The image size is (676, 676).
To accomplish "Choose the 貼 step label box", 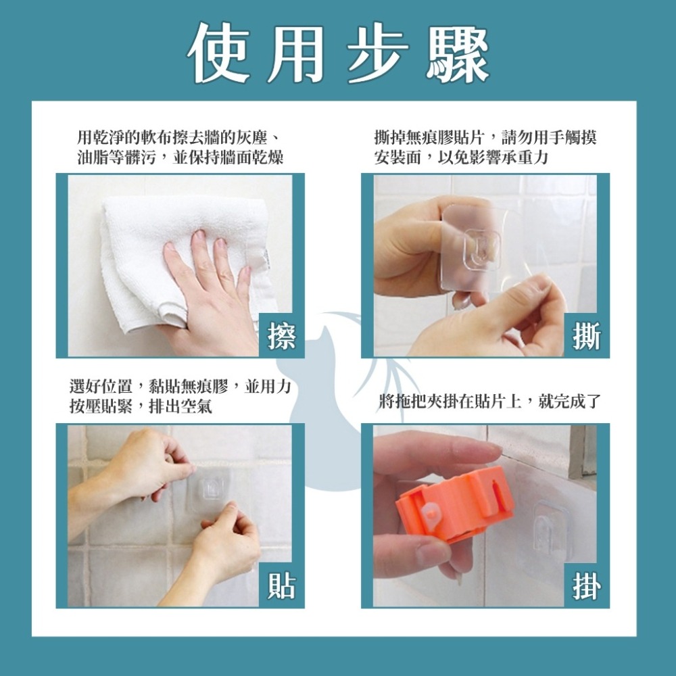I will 281,586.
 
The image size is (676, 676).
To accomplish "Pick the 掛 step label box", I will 585,586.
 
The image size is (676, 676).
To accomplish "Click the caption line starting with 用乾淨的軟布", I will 180,139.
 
